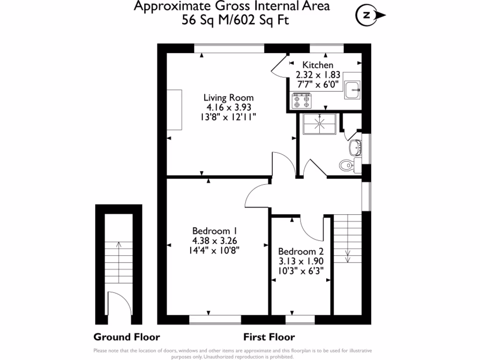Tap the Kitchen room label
[318, 65]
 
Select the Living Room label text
[228, 97]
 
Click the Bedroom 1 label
[215, 231]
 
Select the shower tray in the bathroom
[320, 124]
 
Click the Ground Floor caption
[127, 337]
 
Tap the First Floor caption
[269, 337]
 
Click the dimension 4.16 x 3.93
[228, 107]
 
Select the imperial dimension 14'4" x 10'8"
[215, 250]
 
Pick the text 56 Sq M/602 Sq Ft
[232, 20]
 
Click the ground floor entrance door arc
[118, 302]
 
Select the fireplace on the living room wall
[176, 110]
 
